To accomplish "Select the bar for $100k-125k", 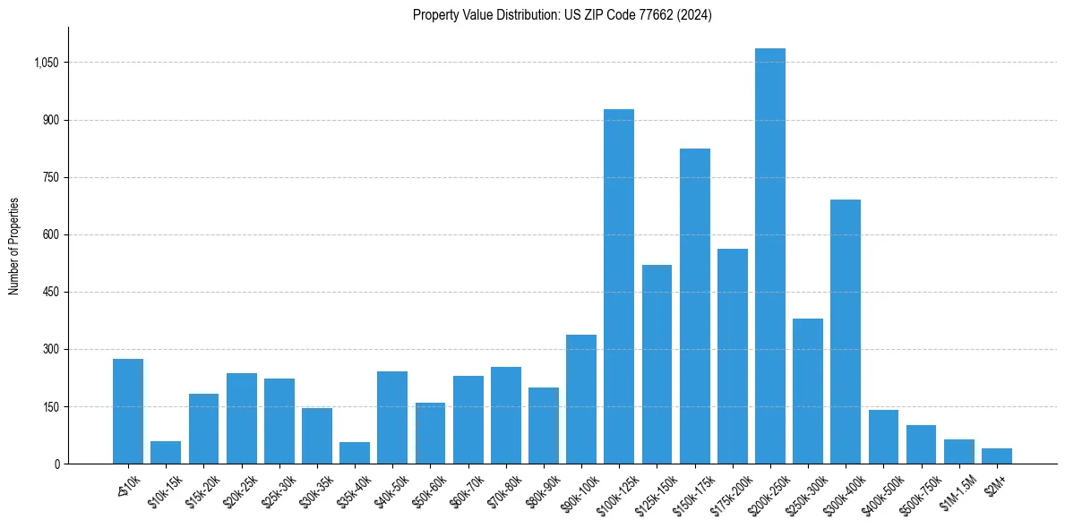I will coord(619,286).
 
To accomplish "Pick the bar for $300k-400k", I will coord(846,331).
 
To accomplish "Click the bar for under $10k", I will coord(128,412).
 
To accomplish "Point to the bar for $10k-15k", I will coord(166,453).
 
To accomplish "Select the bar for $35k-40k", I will coord(355,453).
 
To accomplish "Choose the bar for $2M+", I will coord(997,456).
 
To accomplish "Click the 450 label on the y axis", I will coord(51,292).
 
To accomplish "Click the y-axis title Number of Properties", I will coord(14,246).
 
